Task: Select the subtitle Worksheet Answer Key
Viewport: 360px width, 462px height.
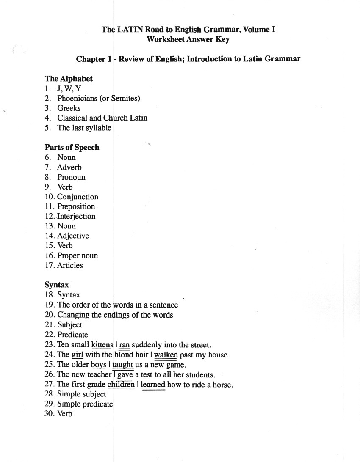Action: pyautogui.click(x=188, y=39)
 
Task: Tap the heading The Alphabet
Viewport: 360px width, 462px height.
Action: pyautogui.click(x=69, y=79)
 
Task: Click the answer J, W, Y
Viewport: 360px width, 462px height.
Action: pyautogui.click(x=69, y=88)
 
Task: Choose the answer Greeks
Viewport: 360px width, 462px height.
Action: pyautogui.click(x=69, y=108)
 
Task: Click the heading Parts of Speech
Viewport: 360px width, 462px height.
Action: pyautogui.click(x=72, y=148)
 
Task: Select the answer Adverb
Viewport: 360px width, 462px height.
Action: pyautogui.click(x=69, y=167)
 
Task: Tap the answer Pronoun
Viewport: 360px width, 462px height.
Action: pyautogui.click(x=71, y=177)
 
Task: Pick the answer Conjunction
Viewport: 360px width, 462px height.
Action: pyautogui.click(x=78, y=197)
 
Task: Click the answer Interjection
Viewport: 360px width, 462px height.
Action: pyautogui.click(x=76, y=216)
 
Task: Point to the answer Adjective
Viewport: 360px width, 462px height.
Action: pyautogui.click(x=73, y=236)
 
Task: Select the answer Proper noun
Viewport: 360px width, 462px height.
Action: pyautogui.click(x=78, y=256)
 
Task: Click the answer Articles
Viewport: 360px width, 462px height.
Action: pyautogui.click(x=70, y=265)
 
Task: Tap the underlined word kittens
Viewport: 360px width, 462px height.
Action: pyautogui.click(x=102, y=345)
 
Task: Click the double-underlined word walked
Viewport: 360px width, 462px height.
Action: pyautogui.click(x=166, y=355)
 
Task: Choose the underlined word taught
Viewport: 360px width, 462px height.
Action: pyautogui.click(x=123, y=365)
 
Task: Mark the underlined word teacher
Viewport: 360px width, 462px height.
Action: pyautogui.click(x=99, y=374)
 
